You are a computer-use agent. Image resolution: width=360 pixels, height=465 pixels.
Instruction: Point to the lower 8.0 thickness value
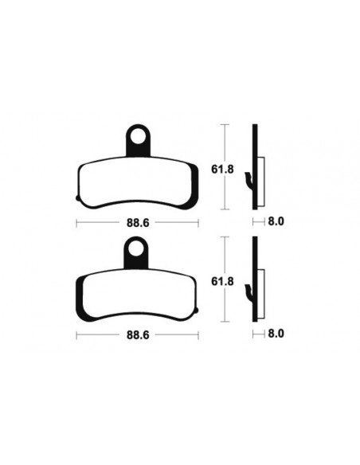coord(275,338)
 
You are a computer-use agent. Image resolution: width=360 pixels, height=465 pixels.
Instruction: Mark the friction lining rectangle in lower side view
coord(260,288)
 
